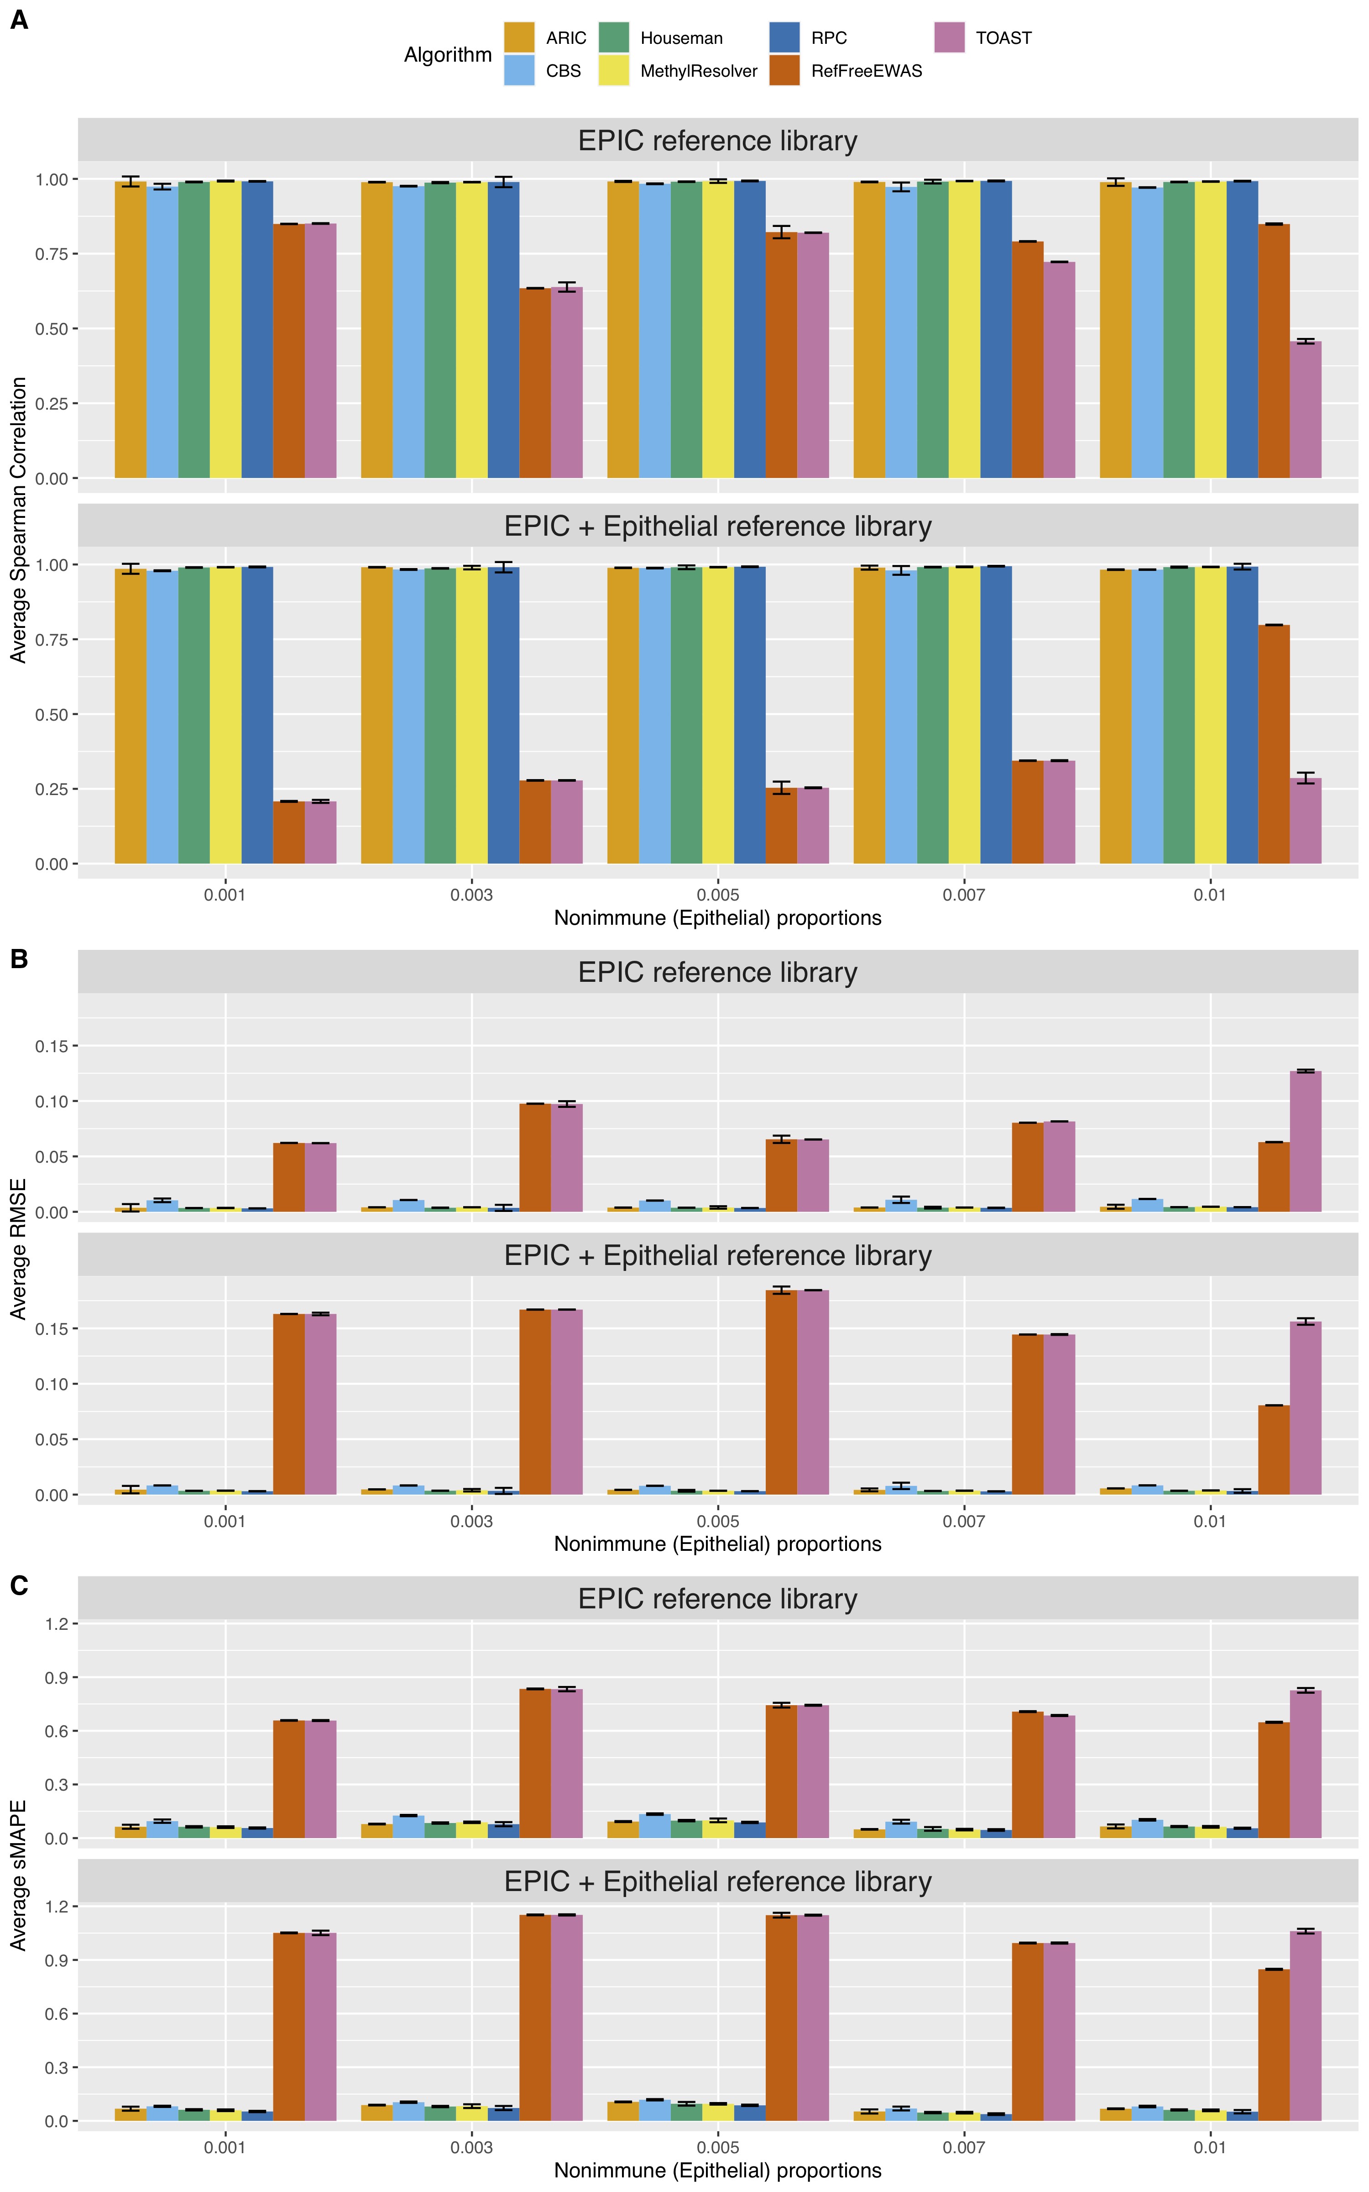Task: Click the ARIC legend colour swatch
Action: (519, 37)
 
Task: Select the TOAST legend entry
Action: (1003, 38)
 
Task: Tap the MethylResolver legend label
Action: (698, 71)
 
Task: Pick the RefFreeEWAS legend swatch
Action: (784, 70)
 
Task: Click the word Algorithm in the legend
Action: (447, 54)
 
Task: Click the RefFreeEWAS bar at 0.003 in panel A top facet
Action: (535, 382)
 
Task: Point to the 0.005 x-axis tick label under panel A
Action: (718, 895)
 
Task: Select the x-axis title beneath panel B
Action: (717, 1544)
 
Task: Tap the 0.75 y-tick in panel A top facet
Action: (52, 253)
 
